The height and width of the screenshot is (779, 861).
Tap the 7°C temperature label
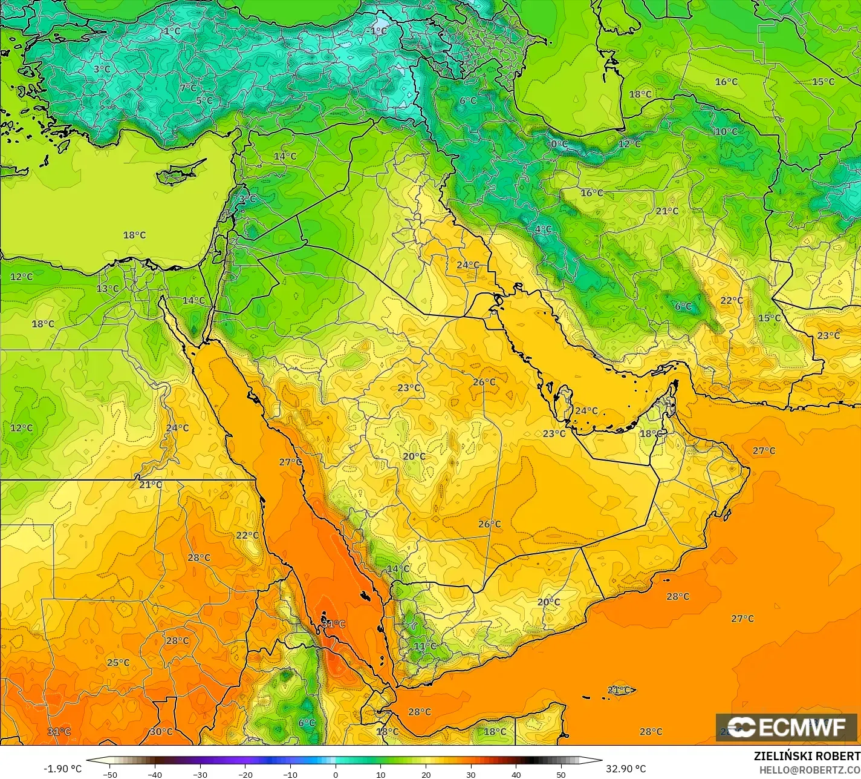coord(188,88)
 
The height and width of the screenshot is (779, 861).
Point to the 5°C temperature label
coord(204,101)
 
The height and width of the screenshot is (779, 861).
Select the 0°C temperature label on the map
coord(559,144)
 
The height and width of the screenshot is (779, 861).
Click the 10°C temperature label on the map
coord(726,132)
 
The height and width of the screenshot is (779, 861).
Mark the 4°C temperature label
coord(543,229)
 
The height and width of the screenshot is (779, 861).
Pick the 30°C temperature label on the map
coord(161,731)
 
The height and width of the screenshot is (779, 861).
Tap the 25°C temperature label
coord(118,663)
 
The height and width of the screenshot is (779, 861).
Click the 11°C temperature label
coord(424,646)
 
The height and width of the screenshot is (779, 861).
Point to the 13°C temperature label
coord(108,289)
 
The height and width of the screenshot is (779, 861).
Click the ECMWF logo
coord(786,727)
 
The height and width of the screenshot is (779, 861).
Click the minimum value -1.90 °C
coord(62,769)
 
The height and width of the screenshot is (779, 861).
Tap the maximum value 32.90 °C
coord(626,769)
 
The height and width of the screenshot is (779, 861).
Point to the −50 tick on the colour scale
coord(109,774)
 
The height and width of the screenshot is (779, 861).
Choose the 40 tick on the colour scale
coord(516,774)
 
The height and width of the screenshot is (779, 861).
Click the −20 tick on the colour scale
coord(245,774)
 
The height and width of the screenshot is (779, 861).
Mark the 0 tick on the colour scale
coord(335,774)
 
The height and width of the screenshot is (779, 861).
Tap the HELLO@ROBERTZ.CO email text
coord(810,769)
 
